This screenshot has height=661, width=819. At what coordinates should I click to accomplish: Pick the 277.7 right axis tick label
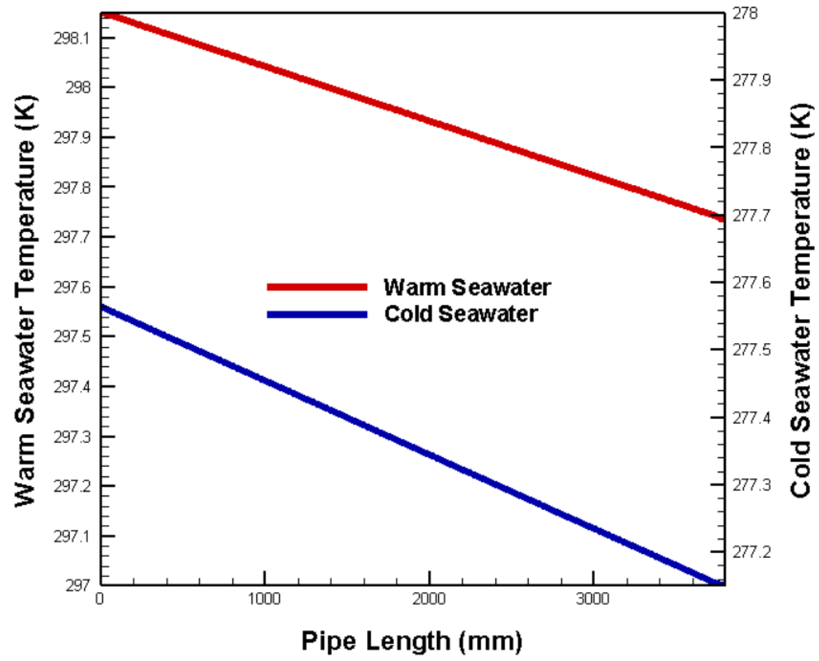(x=752, y=216)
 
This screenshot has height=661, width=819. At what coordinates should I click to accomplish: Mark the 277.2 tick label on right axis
(x=752, y=552)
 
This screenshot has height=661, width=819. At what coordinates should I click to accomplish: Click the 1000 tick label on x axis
(x=264, y=599)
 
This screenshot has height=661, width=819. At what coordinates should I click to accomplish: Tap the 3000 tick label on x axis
(x=593, y=599)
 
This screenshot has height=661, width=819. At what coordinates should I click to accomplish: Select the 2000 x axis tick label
(x=429, y=599)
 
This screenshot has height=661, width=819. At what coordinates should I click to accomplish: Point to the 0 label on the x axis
(x=100, y=599)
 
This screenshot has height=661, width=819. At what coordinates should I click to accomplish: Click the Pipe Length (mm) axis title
(x=412, y=641)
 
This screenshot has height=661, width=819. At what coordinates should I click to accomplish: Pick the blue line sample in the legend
(x=317, y=315)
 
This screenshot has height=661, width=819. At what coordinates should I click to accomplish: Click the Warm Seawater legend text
(x=467, y=287)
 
